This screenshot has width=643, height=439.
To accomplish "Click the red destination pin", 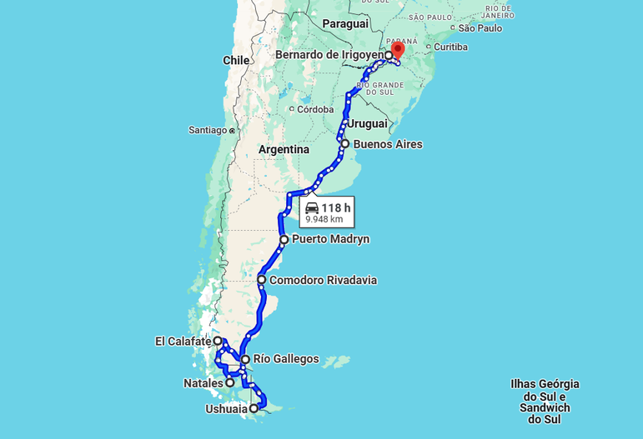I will [x=397, y=49].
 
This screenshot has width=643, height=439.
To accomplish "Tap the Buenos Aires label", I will [x=388, y=144].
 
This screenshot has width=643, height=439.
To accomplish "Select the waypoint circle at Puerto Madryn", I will [x=284, y=239].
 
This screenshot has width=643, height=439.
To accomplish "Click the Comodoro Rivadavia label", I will [x=323, y=280].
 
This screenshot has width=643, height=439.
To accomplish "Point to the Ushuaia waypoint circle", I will [x=254, y=408].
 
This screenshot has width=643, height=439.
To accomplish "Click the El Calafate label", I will [x=183, y=341].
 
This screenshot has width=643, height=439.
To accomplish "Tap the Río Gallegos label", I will [x=286, y=359].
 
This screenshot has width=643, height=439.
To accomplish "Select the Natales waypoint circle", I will [x=230, y=382].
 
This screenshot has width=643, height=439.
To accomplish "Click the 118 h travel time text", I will [x=336, y=207].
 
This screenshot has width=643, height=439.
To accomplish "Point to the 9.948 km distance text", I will [x=324, y=219].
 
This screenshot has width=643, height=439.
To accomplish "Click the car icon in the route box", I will [x=312, y=207].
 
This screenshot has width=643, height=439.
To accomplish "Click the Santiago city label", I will [x=208, y=130].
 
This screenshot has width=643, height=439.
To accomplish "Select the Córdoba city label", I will [x=316, y=109].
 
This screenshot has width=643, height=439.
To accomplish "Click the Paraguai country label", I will [x=345, y=23].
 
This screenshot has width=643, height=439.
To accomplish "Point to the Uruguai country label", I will [x=368, y=123].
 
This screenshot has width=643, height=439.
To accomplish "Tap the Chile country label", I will [x=236, y=60].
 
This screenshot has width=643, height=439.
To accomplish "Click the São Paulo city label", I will [x=480, y=28].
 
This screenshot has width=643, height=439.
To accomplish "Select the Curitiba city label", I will [x=450, y=47].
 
